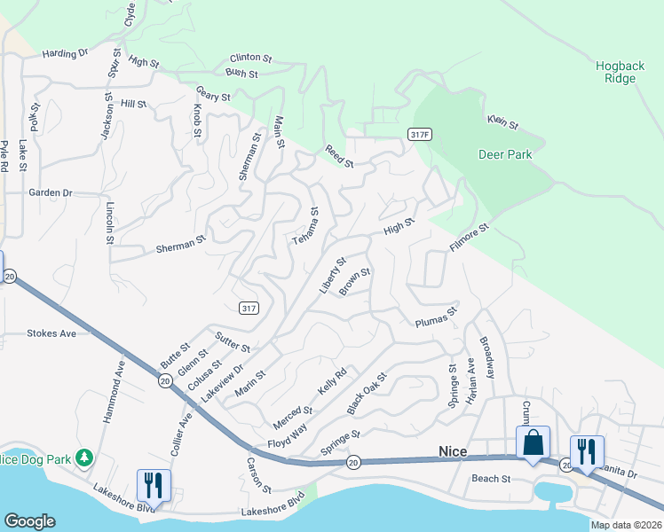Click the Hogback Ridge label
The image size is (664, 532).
coord(614,72)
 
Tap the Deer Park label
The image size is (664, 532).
coord(505,154)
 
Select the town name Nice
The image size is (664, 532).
coord(453,451)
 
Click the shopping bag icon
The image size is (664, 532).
coord(534,442)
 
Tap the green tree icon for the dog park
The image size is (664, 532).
coord(84,458)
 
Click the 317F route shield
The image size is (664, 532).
coord(421,134)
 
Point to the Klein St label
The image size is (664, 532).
coord(502,122)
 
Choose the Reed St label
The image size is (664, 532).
coord(339,157)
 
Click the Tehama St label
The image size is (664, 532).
coord(304,228)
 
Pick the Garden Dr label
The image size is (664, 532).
coord(50,192)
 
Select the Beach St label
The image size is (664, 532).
coord(491,479)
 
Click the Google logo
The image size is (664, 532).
coord(29,521)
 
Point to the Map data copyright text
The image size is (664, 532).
coord(626,525)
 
